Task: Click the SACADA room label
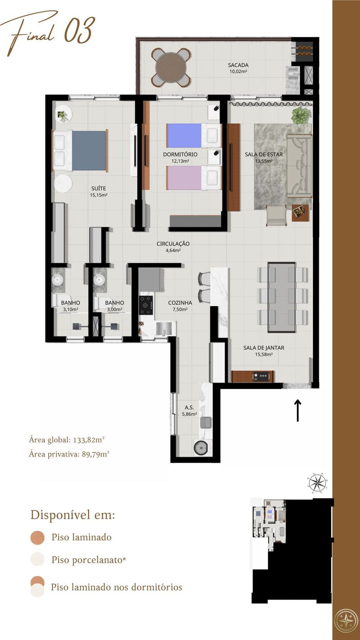pyautogui.click(x=238, y=65)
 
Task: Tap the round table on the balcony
pyautogui.click(x=171, y=68)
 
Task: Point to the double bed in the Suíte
pyautogui.click(x=80, y=151)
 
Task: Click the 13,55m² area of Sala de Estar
pyautogui.click(x=264, y=161)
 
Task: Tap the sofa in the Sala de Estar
pyautogui.click(x=299, y=166)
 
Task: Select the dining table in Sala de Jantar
pyautogui.click(x=282, y=297)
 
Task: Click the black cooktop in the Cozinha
pyautogui.click(x=146, y=305)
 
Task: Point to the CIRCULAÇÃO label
pyautogui.click(x=173, y=244)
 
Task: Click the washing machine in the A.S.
pyautogui.click(x=200, y=448)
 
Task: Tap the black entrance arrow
pyautogui.click(x=298, y=410)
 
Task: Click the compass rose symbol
pyautogui.click(x=317, y=483)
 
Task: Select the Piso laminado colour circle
pyautogui.click(x=37, y=537)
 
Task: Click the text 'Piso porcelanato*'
pyautogui.click(x=88, y=560)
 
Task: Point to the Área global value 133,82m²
pyautogui.click(x=89, y=440)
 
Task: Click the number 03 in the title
pyautogui.click(x=79, y=30)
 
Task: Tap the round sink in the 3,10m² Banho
pyautogui.click(x=57, y=280)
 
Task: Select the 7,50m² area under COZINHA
pyautogui.click(x=180, y=309)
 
